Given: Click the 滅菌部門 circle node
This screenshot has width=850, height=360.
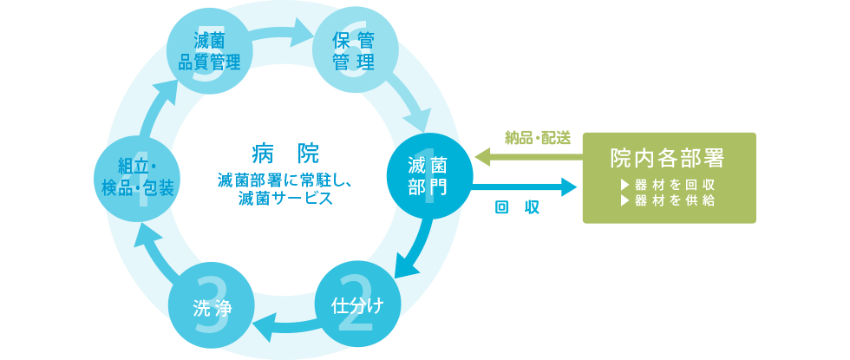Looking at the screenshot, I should [x=429, y=177].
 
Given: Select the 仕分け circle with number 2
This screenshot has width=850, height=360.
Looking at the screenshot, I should [x=356, y=304].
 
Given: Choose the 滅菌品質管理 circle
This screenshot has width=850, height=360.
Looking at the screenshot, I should [x=209, y=49].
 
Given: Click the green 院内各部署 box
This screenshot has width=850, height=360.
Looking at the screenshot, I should [x=668, y=177].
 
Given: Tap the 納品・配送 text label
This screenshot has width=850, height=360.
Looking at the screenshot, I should [x=538, y=138].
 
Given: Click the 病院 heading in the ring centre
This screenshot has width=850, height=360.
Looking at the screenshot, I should [x=284, y=154].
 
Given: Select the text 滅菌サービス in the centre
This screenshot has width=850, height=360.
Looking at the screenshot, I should [x=284, y=199].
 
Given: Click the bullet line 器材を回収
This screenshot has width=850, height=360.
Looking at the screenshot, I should [x=668, y=185].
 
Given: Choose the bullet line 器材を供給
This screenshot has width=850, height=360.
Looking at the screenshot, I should [x=668, y=201].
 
